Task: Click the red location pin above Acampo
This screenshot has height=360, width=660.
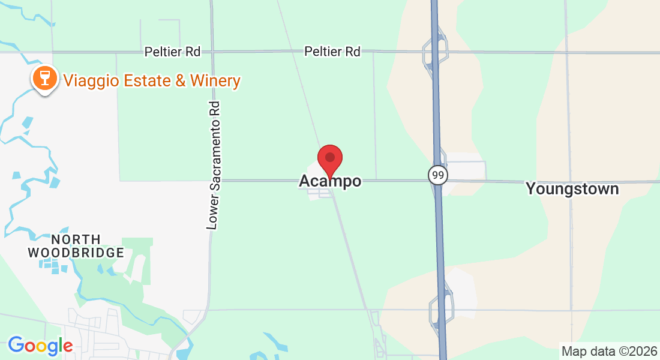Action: (x=329, y=158)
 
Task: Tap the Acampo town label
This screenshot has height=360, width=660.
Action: (x=330, y=181)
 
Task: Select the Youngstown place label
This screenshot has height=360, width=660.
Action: (x=572, y=189)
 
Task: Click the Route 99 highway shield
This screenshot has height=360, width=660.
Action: (x=437, y=175)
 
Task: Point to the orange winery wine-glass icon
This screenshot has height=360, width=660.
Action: (x=45, y=78)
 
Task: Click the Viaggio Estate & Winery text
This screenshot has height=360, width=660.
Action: (x=152, y=80)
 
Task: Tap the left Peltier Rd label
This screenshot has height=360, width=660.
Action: (x=172, y=52)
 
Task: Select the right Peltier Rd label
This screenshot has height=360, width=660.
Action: (x=332, y=52)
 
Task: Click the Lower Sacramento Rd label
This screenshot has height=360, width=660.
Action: (x=214, y=165)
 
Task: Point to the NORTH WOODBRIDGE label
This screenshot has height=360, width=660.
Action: (x=76, y=246)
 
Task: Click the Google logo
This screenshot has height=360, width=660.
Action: (x=40, y=346)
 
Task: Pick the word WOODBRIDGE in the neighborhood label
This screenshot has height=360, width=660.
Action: (x=76, y=253)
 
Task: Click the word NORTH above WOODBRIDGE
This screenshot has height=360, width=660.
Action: (x=76, y=239)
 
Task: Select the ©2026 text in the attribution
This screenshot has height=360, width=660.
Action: (x=635, y=351)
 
